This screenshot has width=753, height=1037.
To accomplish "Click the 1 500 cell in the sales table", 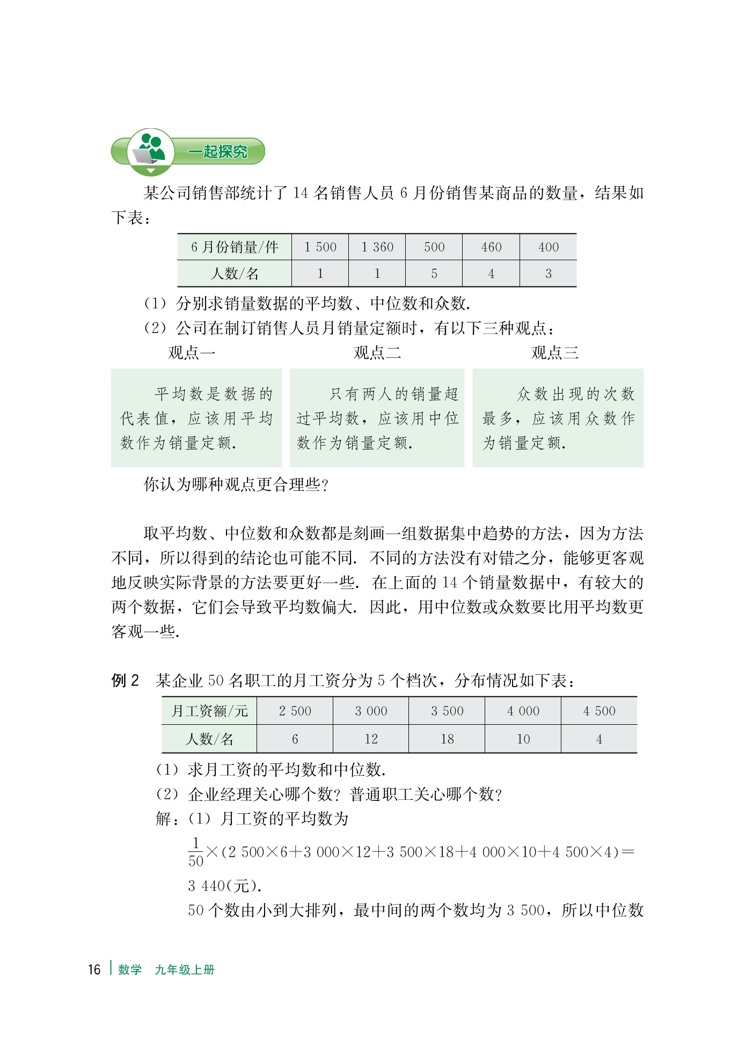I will click(320, 247).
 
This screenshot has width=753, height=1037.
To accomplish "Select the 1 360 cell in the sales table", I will click(377, 247).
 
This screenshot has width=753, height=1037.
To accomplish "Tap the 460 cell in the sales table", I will click(491, 247).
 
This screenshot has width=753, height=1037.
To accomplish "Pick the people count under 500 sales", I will click(434, 274).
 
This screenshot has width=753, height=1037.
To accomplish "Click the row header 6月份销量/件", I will click(235, 247).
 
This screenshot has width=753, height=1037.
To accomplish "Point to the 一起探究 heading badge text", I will click(217, 152).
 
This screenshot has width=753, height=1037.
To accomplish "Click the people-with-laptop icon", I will click(150, 150).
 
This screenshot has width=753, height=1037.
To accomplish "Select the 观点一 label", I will click(192, 352).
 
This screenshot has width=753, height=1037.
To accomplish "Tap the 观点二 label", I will click(377, 352).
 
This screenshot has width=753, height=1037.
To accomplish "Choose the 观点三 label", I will click(555, 352).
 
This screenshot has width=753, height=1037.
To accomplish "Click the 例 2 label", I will click(125, 681).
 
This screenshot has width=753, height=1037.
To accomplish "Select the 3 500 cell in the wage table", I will click(447, 711).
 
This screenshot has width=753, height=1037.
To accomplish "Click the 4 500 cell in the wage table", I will click(599, 711).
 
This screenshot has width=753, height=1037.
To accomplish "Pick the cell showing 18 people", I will click(447, 739).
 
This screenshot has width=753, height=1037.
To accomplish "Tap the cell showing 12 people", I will click(371, 739).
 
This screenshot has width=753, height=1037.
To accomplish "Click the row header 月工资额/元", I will click(209, 711).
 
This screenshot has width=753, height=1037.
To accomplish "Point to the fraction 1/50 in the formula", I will click(196, 852).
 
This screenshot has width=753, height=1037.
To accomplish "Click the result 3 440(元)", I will click(224, 886).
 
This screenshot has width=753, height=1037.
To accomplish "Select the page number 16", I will click(94, 969).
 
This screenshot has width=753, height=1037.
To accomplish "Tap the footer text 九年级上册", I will click(185, 969).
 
